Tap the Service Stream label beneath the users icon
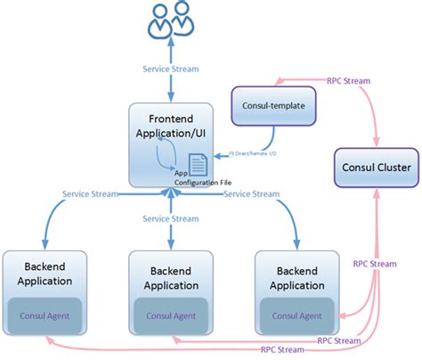pyautogui.click(x=169, y=69)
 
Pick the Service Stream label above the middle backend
pyautogui.click(x=169, y=218)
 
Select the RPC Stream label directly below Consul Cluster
pyautogui.click(x=374, y=265)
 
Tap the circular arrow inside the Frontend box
pyautogui.click(x=166, y=159)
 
